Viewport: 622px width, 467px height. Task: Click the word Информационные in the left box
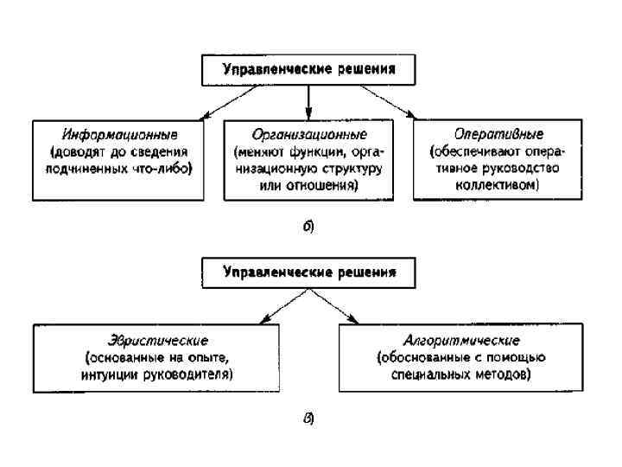120,136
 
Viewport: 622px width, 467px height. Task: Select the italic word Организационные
309,136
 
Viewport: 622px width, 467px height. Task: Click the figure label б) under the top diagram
308,228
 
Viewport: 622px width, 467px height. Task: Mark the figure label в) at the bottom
308,420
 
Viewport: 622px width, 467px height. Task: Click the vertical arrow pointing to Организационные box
308,102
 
